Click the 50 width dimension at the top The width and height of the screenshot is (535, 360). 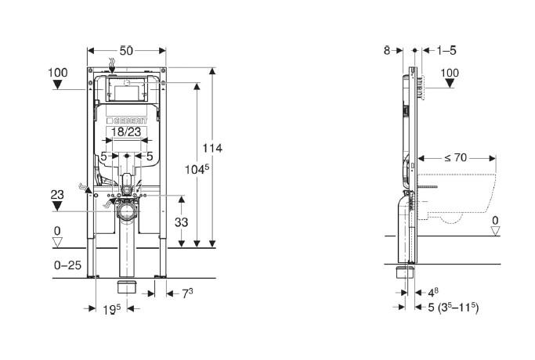click(127, 50)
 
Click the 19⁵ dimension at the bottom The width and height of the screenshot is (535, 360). click(112, 309)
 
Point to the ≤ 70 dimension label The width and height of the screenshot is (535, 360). click(455, 157)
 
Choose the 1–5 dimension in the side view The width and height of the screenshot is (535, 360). click(447, 50)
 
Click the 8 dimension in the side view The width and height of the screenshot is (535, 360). click(387, 50)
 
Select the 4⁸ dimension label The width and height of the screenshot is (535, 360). click(432, 292)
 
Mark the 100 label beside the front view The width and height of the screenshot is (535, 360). click(58, 72)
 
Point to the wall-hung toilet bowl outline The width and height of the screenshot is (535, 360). click(462, 196)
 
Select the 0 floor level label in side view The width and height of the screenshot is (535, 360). click(494, 221)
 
